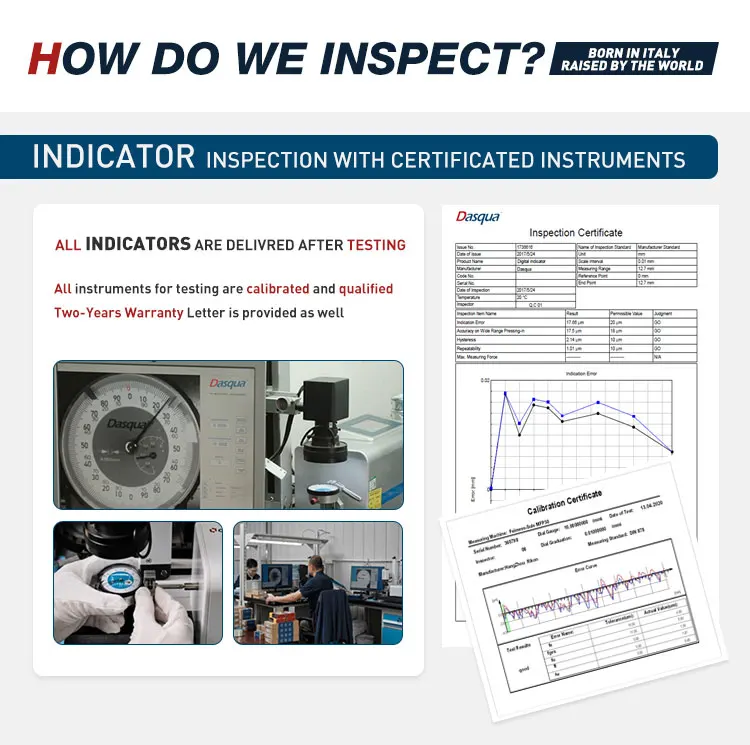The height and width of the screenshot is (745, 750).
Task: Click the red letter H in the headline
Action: (x=44, y=57)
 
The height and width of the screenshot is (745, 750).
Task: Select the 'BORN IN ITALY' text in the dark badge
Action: (x=632, y=51)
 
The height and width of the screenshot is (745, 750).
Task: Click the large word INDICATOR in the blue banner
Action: (x=113, y=157)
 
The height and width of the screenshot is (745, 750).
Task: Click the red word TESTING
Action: (x=376, y=244)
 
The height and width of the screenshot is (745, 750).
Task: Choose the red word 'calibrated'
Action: (x=278, y=289)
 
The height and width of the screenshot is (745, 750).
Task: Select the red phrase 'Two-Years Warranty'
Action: (x=118, y=313)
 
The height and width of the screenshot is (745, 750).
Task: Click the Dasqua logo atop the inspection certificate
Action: (x=477, y=217)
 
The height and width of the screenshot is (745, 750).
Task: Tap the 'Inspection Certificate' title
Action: (x=575, y=232)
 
